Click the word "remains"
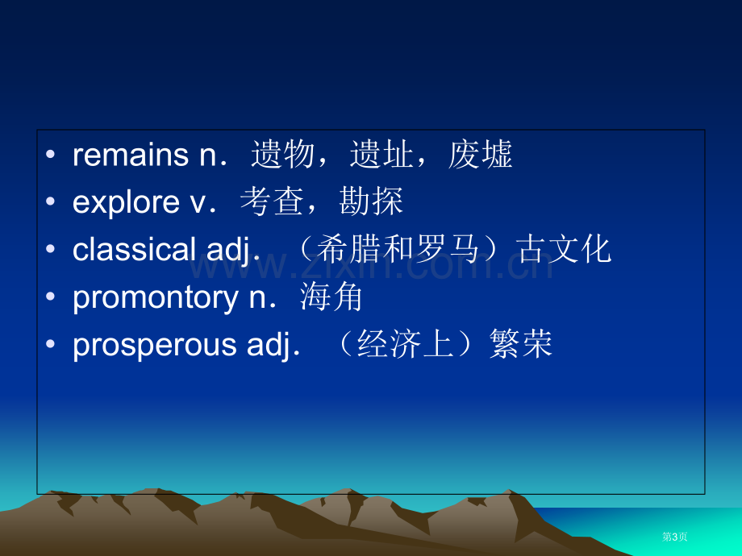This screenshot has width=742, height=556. (131, 155)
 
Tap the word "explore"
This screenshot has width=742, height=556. (126, 202)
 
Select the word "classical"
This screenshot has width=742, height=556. (134, 249)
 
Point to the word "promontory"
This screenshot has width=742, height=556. (155, 298)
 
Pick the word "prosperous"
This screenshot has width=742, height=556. (154, 344)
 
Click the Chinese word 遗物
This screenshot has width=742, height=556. (282, 155)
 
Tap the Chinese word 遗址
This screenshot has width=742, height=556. (381, 155)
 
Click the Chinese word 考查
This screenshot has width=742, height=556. (272, 201)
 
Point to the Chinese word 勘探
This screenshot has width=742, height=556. (371, 201)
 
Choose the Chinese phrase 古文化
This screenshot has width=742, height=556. (565, 249)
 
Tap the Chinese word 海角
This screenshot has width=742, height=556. (331, 297)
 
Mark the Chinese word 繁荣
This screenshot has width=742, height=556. (521, 344)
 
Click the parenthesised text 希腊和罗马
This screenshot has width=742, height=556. (398, 249)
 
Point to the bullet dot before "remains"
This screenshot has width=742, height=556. (51, 154)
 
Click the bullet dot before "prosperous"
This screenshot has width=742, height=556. (51, 344)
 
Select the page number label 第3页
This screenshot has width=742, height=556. (675, 537)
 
